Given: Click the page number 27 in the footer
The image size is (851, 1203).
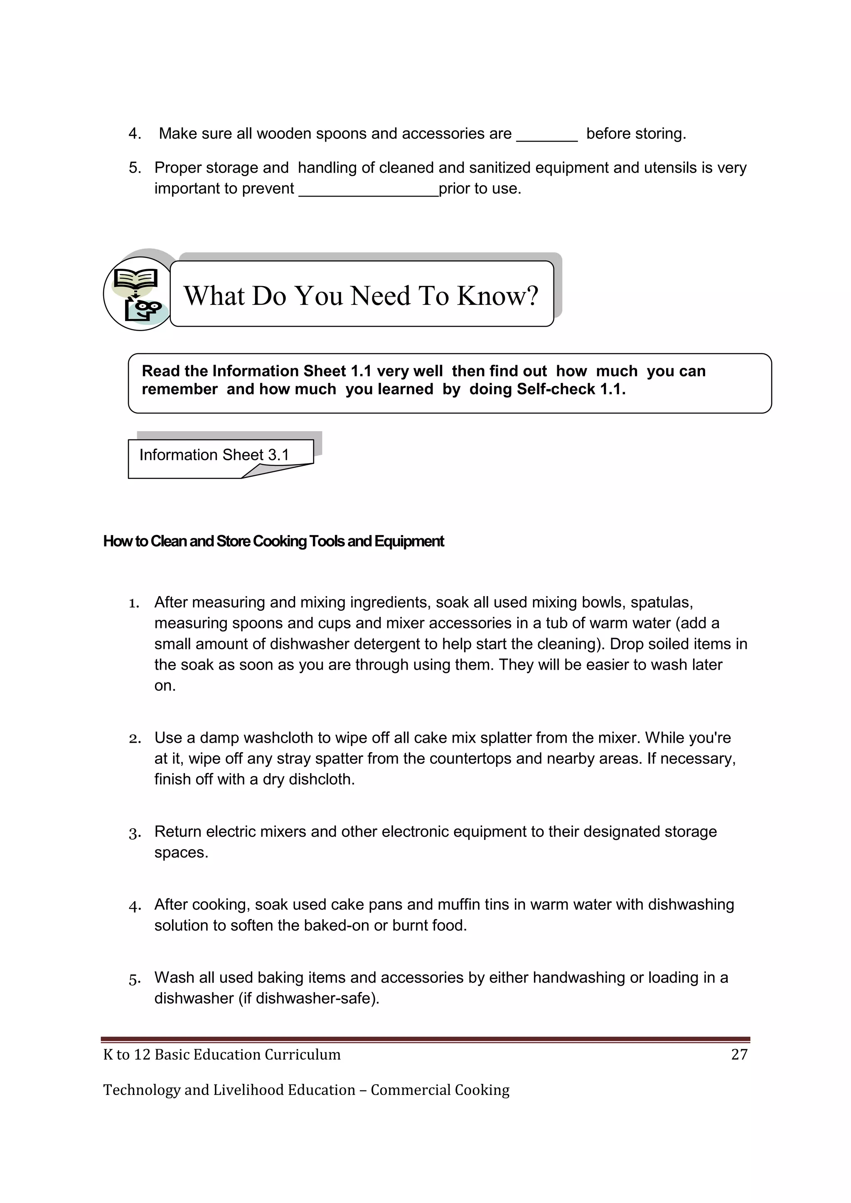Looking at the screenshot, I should pos(739,1054).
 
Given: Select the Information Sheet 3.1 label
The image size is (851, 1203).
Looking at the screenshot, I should pos(214,455).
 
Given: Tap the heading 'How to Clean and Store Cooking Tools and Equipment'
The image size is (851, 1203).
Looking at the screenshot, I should pos(273,541).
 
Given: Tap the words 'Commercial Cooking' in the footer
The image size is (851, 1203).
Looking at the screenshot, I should pos(440,1090).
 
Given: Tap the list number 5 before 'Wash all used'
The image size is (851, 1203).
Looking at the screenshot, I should pos(134,979).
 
